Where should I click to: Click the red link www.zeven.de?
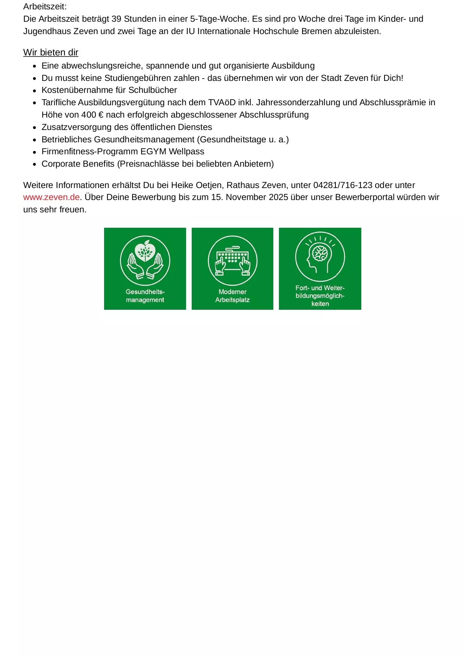[51, 197]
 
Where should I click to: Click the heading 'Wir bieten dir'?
[51, 52]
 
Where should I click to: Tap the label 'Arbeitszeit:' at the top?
[45, 6]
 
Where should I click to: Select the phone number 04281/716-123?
[343, 185]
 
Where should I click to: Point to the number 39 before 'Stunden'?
[116, 19]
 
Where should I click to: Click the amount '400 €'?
[92, 115]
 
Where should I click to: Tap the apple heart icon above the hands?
[145, 251]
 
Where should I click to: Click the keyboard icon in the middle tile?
[232, 258]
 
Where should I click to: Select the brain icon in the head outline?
[320, 253]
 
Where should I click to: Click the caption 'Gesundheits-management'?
[145, 296]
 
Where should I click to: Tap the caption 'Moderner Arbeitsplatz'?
[232, 296]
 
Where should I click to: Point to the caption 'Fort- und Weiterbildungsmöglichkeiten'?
[320, 296]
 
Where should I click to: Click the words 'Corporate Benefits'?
[78, 164]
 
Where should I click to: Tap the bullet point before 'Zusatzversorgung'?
[34, 127]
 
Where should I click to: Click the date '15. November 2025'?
[249, 197]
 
